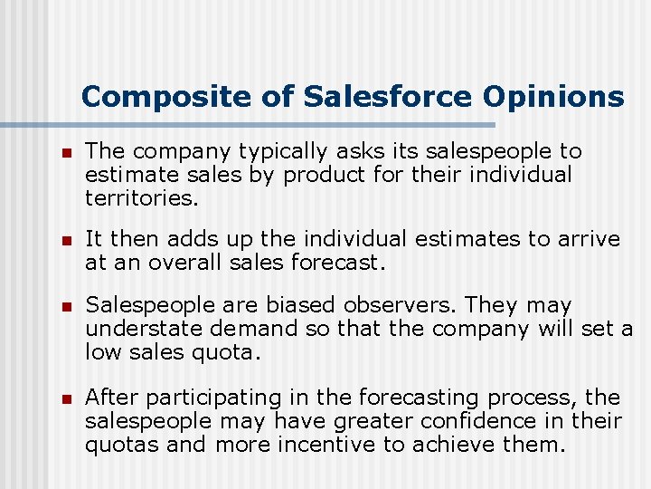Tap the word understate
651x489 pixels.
(x=136, y=328)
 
